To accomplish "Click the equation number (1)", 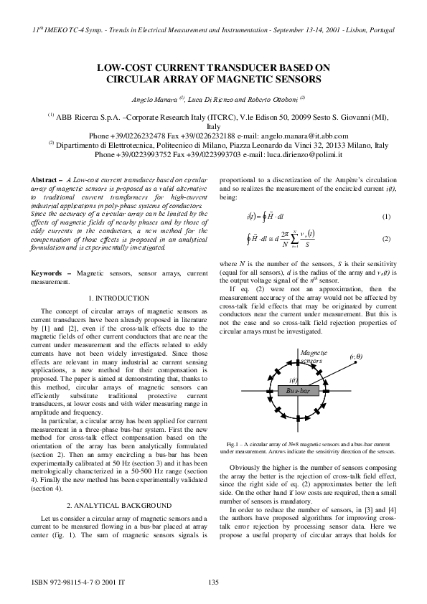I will click(385, 217).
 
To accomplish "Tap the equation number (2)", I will click(385, 238).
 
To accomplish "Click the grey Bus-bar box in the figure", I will click(295, 391).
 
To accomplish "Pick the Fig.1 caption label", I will click(233, 445).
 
